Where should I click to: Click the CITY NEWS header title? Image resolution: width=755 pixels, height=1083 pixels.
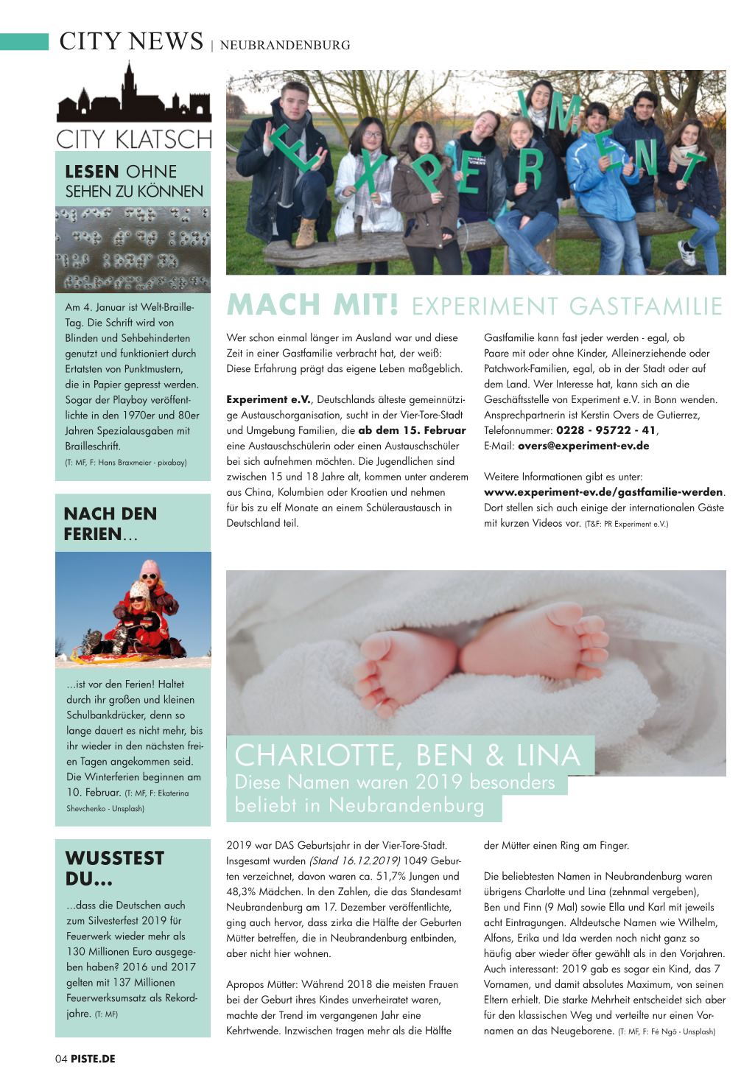click(131, 41)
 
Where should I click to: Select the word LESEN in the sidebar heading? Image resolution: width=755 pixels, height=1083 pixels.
click(92, 172)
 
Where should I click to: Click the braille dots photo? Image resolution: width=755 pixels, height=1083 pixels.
click(133, 248)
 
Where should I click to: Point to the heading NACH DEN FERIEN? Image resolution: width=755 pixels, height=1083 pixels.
click(110, 524)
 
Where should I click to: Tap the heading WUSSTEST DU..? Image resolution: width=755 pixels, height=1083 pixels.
click(114, 869)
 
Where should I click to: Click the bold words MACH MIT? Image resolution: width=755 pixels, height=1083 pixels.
click(313, 304)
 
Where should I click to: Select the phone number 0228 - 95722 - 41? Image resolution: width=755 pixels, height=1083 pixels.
click(605, 430)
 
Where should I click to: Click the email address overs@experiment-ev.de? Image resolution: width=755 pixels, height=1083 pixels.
click(583, 446)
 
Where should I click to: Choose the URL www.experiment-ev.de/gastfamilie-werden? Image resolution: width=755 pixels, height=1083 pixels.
click(603, 492)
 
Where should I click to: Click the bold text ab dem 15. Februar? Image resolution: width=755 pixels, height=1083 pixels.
click(412, 430)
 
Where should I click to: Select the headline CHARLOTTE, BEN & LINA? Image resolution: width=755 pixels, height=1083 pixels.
click(408, 755)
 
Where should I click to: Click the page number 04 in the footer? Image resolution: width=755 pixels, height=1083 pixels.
click(61, 1059)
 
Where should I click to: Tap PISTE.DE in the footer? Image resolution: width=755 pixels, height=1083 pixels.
click(94, 1059)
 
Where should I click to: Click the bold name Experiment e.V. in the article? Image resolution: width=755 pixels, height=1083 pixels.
click(268, 399)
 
